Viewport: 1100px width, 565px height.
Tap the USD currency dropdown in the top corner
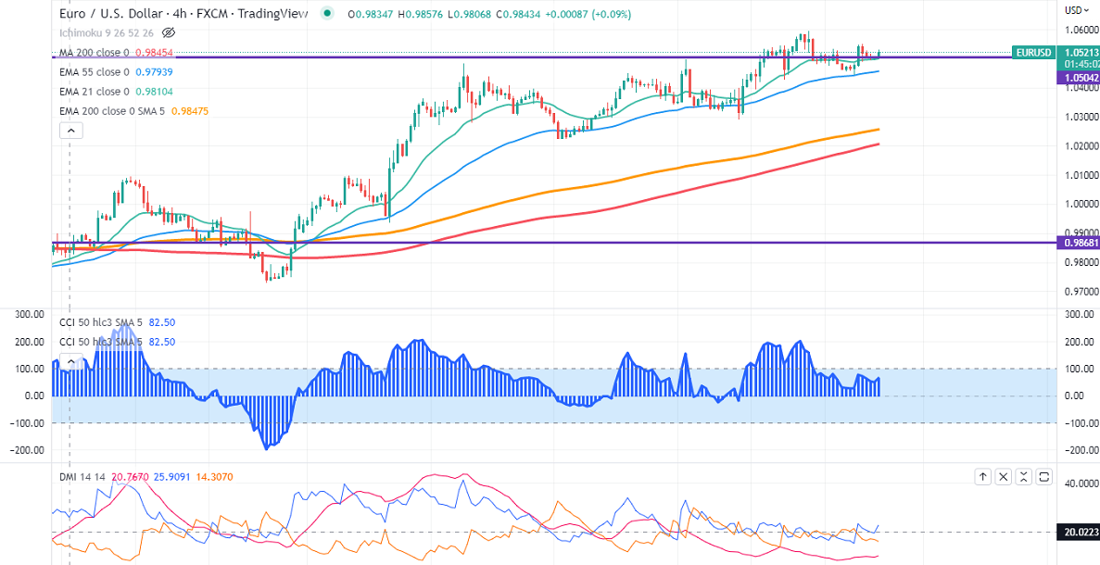click(x=1075, y=10)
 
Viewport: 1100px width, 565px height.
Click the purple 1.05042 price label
click(x=1076, y=80)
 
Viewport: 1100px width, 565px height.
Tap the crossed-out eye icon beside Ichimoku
click(x=169, y=32)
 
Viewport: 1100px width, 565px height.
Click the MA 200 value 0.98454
click(x=153, y=53)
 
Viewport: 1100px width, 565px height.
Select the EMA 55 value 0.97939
click(x=153, y=72)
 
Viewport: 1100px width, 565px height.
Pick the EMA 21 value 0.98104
click(x=153, y=92)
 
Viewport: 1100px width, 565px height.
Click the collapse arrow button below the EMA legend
click(x=71, y=131)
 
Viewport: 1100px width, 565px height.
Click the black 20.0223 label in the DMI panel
click(x=1077, y=532)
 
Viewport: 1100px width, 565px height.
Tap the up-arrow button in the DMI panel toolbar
click(x=983, y=477)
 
